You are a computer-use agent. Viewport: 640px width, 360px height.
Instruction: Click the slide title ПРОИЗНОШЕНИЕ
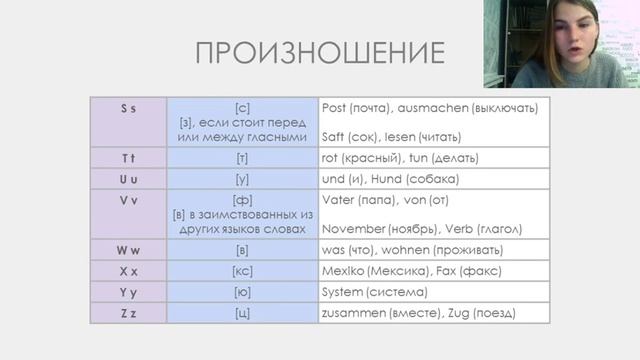[319, 53]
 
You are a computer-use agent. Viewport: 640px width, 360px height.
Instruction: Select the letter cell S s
[129, 107]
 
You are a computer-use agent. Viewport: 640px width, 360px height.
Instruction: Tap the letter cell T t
[129, 158]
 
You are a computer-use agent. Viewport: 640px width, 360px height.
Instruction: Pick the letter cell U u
[129, 179]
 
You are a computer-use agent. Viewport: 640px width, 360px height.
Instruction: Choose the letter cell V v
[129, 200]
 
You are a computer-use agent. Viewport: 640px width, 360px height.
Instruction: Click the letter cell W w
[129, 250]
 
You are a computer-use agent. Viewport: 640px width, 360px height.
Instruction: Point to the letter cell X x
[129, 271]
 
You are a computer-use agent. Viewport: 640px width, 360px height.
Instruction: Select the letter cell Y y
[129, 292]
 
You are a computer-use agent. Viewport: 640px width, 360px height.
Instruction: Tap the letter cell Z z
[129, 313]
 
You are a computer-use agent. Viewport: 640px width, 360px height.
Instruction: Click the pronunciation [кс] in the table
[242, 271]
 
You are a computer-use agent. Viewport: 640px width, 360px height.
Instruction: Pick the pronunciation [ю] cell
[242, 292]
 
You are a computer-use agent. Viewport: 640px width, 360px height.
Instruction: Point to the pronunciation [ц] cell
[242, 313]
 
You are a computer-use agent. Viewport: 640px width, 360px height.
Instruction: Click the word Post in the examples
[335, 107]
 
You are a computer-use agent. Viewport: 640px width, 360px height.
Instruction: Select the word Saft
[335, 136]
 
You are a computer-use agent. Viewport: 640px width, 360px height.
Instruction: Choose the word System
[345, 292]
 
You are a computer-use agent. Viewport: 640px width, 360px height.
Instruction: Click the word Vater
[338, 200]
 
